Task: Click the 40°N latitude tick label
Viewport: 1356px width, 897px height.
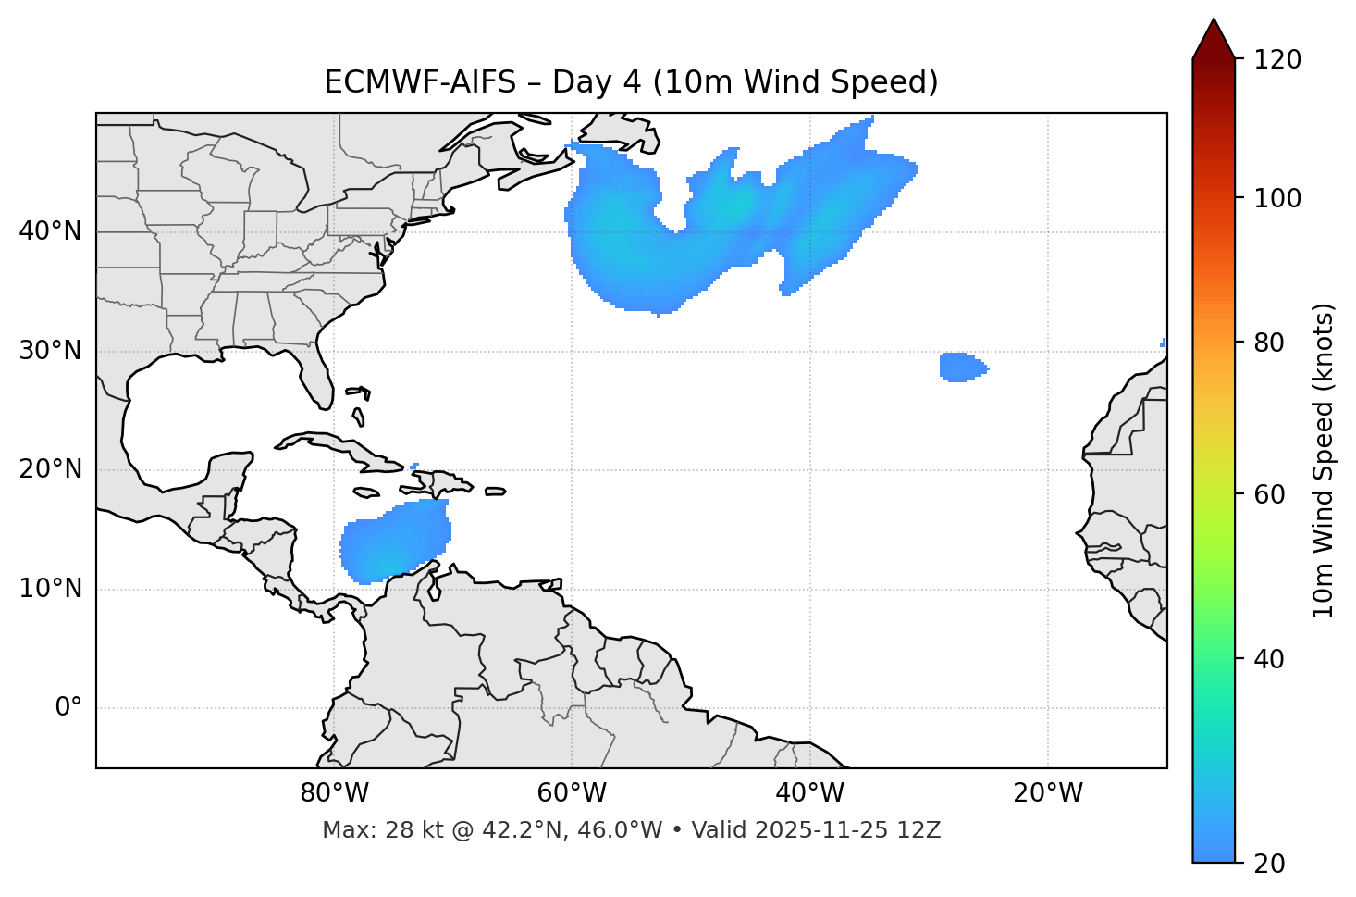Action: pos(50,231)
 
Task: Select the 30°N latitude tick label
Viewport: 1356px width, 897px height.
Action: pos(50,351)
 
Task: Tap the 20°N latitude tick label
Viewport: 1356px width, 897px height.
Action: pos(50,469)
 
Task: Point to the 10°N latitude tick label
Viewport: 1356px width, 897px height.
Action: pos(50,589)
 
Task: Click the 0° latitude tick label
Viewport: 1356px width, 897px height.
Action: pos(68,708)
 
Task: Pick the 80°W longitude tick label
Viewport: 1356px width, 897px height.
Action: pos(334,793)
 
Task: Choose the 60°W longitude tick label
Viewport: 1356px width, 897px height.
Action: pos(572,793)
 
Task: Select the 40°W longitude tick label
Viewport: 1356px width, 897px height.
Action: pos(809,793)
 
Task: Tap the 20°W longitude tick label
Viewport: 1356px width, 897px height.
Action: pos(1048,793)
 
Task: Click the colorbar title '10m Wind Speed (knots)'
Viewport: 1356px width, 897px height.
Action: pos(1324,460)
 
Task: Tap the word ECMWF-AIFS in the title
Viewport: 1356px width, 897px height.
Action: pos(420,82)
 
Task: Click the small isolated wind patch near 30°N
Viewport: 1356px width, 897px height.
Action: pos(961,367)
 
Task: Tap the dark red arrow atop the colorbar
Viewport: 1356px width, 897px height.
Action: pos(1214,40)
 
